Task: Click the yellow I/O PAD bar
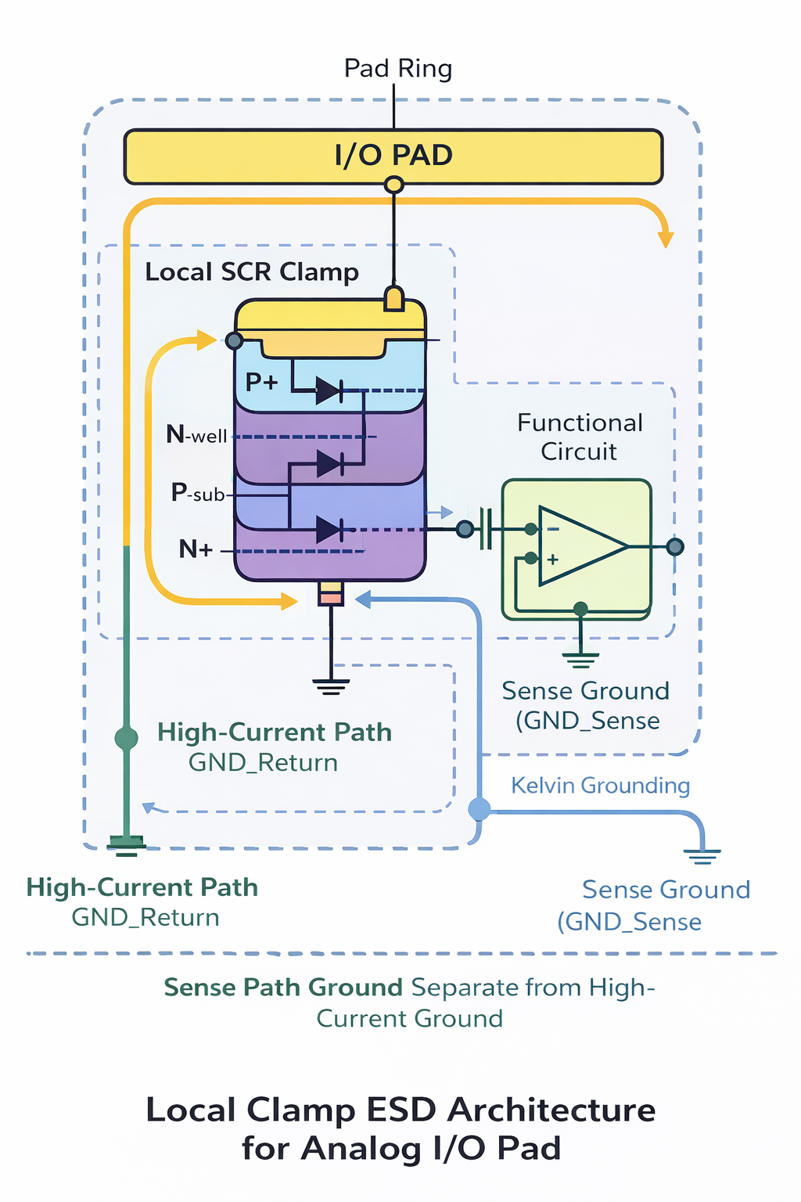[393, 157]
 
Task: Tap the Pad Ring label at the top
[398, 69]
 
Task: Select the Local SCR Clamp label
[252, 272]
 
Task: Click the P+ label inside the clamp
[261, 382]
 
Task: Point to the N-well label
[196, 434]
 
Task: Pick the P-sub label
[198, 493]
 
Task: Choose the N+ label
[196, 549]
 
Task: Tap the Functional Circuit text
[580, 437]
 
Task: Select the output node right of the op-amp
[675, 546]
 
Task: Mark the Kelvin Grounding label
[600, 786]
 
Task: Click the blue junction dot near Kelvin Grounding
[480, 809]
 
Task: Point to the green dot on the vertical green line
[126, 737]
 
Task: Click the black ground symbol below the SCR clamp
[331, 686]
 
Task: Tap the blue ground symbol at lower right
[702, 855]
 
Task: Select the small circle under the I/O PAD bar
[394, 185]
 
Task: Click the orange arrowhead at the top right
[666, 238]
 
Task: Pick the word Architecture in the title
[551, 1110]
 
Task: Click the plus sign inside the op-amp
[553, 560]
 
